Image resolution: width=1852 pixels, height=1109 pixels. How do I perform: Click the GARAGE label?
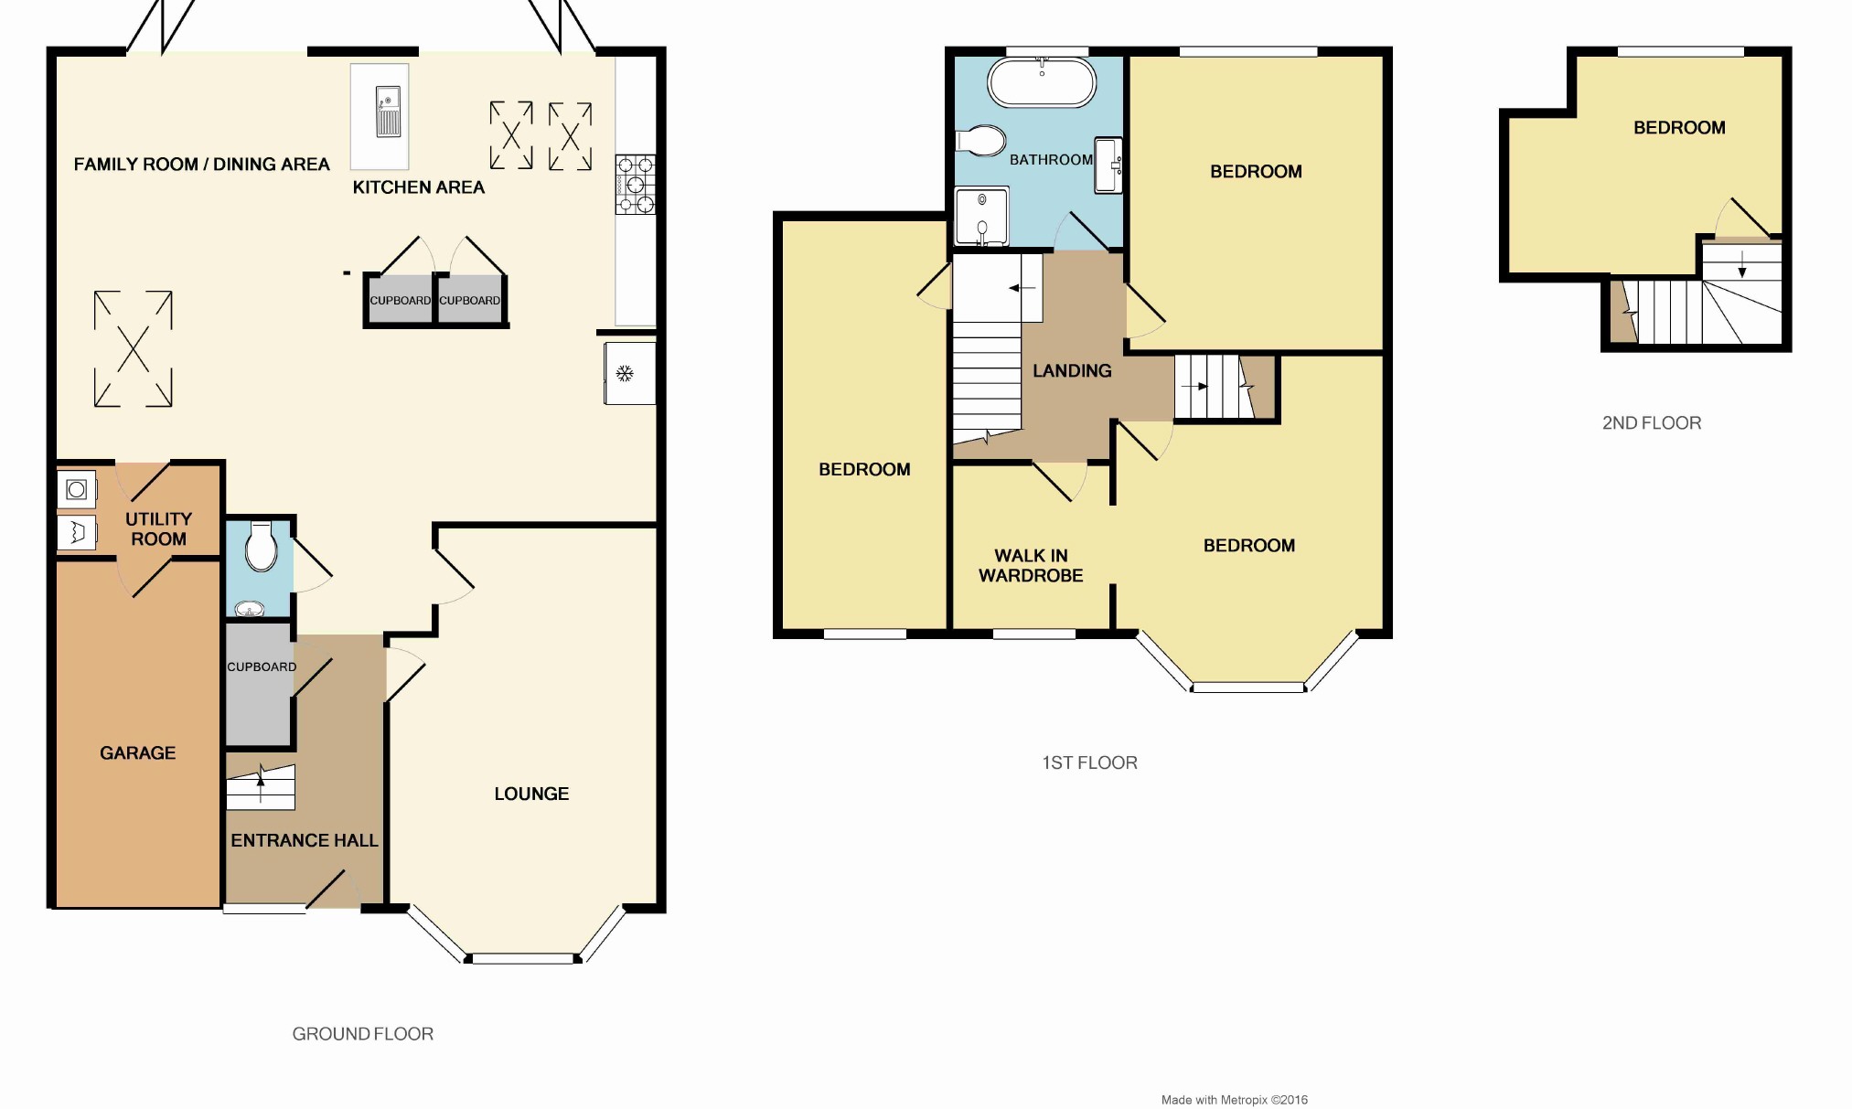(x=137, y=752)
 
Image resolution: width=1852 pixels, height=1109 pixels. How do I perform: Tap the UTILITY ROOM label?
(x=158, y=528)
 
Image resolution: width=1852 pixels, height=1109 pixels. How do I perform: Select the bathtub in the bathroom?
(x=1041, y=83)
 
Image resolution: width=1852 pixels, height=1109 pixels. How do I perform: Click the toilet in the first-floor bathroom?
(x=980, y=141)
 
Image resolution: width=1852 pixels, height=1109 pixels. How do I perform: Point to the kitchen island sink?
(x=388, y=111)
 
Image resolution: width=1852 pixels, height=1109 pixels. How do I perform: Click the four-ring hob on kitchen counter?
(x=635, y=185)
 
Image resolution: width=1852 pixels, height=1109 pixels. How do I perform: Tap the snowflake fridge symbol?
(x=626, y=373)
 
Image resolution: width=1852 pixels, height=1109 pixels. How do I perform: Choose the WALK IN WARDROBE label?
(x=1031, y=565)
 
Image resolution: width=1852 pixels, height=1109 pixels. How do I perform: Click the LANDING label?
(x=1072, y=370)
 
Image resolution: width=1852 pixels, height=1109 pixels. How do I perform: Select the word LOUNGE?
(x=531, y=794)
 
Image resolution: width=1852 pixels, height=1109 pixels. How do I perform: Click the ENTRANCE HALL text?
(x=304, y=840)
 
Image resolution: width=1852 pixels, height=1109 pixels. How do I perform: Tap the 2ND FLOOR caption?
(x=1651, y=422)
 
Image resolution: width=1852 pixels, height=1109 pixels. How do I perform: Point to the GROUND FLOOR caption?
(x=362, y=1033)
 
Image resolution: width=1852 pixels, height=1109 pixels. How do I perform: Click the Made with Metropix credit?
(x=1234, y=1100)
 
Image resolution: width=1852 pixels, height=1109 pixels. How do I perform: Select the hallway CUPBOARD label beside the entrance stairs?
(x=262, y=666)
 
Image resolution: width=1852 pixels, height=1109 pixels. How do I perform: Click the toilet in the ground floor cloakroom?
(x=261, y=547)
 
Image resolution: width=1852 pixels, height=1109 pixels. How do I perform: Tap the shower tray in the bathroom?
(x=981, y=217)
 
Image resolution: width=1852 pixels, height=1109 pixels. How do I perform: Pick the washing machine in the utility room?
(x=77, y=490)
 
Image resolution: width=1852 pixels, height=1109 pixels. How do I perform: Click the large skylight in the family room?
(x=134, y=348)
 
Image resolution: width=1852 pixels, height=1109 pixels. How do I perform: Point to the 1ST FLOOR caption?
(x=1089, y=762)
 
